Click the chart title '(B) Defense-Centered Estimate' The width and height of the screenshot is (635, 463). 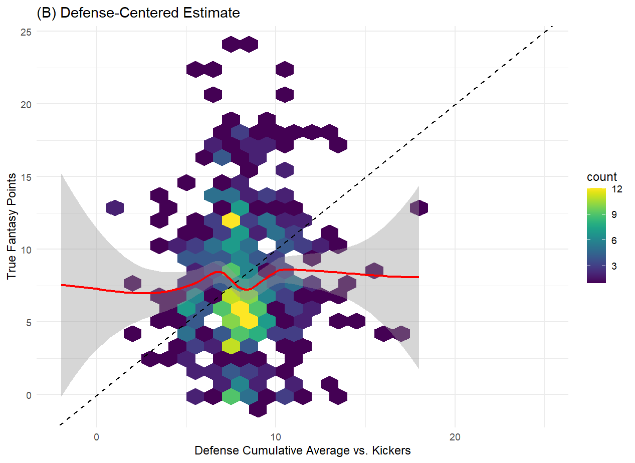point(138,13)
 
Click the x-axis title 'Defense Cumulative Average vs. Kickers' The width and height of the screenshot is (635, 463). point(302,450)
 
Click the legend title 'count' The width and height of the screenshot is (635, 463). point(602,177)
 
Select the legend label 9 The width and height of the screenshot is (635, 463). point(614,214)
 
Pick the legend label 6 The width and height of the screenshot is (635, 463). point(614,241)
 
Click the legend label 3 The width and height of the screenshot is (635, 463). point(614,266)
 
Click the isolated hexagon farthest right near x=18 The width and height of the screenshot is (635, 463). point(418,207)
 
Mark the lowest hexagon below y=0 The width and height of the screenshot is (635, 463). point(258,409)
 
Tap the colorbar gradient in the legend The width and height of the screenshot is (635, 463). point(596,236)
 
